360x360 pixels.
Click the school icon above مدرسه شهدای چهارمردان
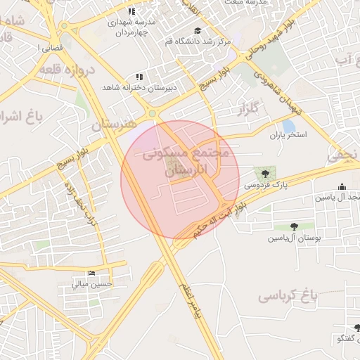coord(131,11)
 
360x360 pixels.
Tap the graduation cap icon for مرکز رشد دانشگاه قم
coord(198,31)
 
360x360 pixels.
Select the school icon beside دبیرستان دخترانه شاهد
coord(139,76)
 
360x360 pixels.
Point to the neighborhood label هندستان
coord(112,125)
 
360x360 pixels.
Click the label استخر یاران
coord(288,135)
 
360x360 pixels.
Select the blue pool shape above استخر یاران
coord(288,125)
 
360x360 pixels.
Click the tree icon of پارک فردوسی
coord(265,174)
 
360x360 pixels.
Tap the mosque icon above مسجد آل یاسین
coord(342,186)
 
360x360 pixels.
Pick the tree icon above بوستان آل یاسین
coord(294,226)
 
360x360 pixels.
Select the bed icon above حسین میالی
coord(91,273)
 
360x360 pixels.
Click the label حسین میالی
coord(92,284)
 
